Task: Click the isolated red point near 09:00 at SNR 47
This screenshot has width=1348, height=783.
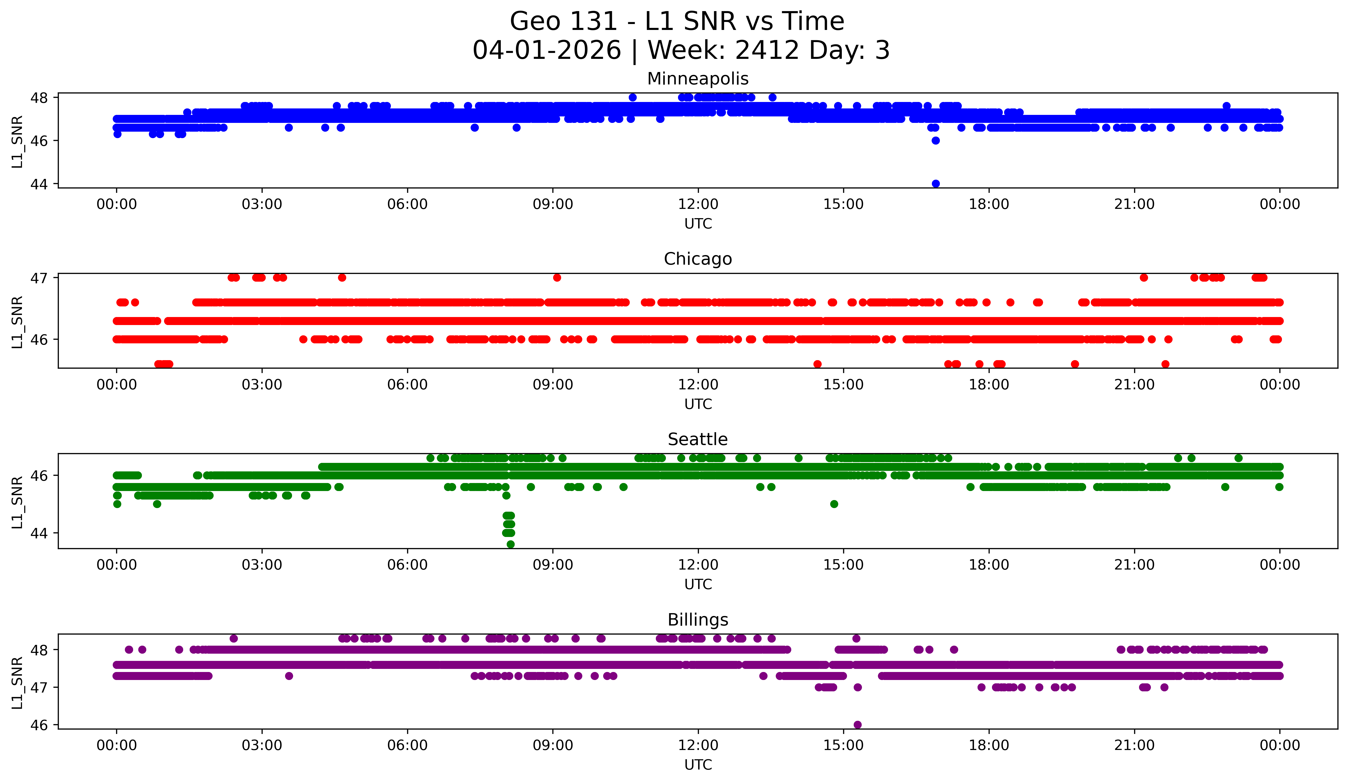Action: click(x=557, y=277)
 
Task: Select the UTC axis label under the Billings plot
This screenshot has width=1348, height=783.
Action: click(x=698, y=765)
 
